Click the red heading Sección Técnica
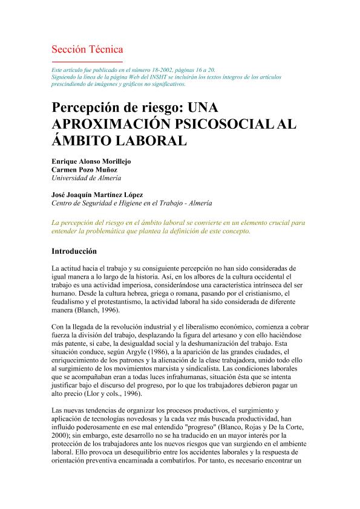(x=87, y=49)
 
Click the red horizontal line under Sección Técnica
(x=87, y=61)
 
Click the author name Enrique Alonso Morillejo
(x=91, y=162)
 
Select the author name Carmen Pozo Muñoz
(x=83, y=170)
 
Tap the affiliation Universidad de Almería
(x=87, y=178)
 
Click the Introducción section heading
(x=79, y=250)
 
